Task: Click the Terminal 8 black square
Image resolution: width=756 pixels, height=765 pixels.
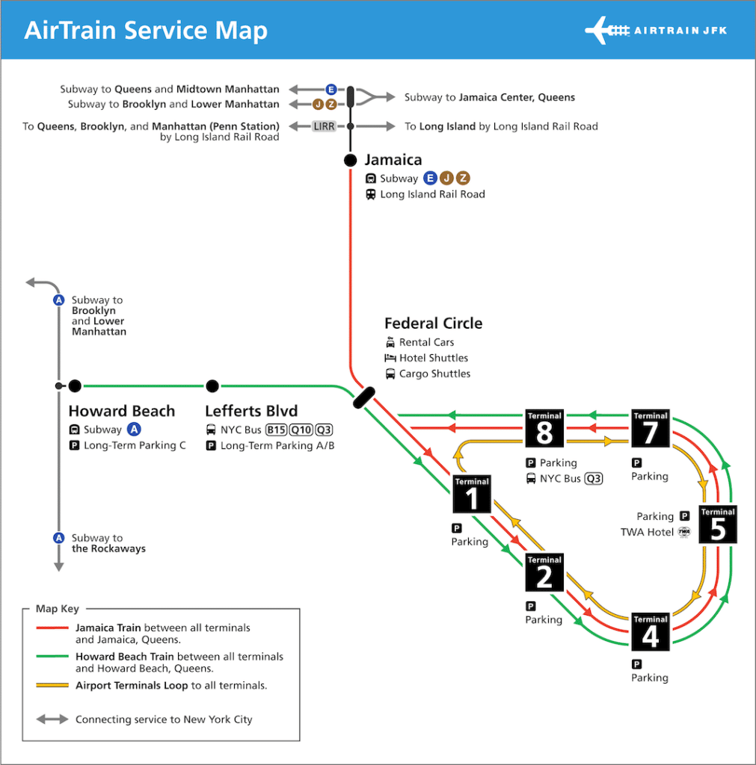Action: [544, 429]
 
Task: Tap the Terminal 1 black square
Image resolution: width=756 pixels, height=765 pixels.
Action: [472, 495]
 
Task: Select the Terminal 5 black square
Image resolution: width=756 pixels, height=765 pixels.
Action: [718, 524]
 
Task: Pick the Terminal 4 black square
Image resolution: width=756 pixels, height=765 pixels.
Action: [651, 632]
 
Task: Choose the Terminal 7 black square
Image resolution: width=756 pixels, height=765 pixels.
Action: [651, 429]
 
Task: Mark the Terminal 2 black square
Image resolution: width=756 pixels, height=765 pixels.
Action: [544, 573]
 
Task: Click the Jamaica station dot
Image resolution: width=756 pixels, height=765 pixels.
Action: [350, 160]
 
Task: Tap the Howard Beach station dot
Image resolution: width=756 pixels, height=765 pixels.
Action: [75, 386]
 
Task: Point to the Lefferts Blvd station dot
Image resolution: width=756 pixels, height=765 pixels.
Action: [212, 386]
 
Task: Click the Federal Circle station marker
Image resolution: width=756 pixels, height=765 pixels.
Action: [365, 397]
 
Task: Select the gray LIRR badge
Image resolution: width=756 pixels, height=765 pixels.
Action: [325, 126]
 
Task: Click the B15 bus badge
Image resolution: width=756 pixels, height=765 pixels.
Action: [277, 430]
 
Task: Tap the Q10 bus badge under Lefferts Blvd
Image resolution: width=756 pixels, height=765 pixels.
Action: [301, 430]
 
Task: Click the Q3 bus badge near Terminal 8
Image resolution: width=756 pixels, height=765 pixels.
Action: [594, 479]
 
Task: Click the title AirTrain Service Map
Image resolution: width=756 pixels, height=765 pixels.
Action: [146, 31]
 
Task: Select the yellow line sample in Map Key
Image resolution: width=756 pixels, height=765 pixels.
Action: [52, 685]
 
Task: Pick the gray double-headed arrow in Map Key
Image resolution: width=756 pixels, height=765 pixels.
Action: [52, 719]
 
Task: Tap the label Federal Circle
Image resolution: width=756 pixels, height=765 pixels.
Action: [433, 323]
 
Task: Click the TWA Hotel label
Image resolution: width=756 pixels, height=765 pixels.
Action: [648, 532]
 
